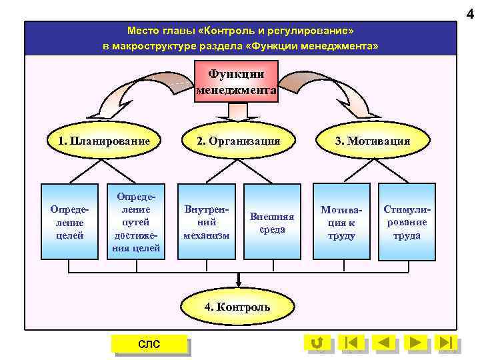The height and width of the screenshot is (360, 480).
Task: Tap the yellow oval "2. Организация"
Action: (x=237, y=141)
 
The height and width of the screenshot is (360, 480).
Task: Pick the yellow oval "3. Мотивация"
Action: (x=372, y=141)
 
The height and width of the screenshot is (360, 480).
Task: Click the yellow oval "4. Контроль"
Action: (x=237, y=307)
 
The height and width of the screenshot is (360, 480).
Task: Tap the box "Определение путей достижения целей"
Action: (x=137, y=221)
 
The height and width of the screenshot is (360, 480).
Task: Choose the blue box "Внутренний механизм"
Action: (x=206, y=221)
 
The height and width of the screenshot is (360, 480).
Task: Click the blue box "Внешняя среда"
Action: (x=272, y=221)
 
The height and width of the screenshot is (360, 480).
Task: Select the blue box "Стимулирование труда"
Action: (x=407, y=221)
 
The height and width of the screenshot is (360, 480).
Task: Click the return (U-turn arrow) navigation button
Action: (x=317, y=343)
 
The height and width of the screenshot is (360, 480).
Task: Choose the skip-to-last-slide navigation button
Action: (x=446, y=343)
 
